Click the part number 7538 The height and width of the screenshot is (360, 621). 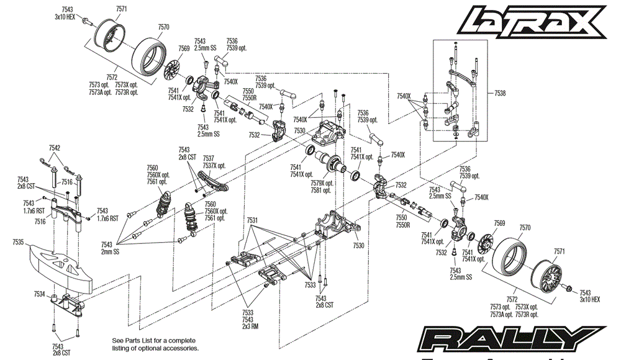pos(500,93)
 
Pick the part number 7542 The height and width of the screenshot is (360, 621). pos(55,148)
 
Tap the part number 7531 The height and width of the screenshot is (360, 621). pos(252,220)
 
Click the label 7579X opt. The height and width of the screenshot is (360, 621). pos(323,183)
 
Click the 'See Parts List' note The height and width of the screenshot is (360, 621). pos(155,344)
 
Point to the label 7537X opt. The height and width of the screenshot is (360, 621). pos(214,165)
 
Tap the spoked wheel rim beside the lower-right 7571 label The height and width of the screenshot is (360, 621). pos(550,272)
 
